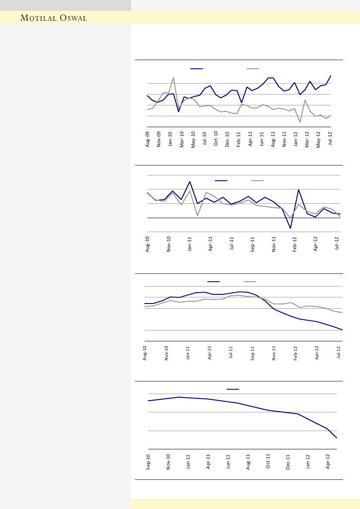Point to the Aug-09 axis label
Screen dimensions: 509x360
(x=148, y=139)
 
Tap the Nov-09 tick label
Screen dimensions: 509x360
(x=159, y=139)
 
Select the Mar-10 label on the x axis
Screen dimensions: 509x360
(x=182, y=139)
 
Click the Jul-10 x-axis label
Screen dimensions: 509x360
(x=204, y=139)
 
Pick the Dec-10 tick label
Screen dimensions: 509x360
(x=227, y=139)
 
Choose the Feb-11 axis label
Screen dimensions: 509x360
(x=238, y=139)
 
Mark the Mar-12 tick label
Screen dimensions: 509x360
(x=307, y=139)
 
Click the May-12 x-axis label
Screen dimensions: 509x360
(x=318, y=139)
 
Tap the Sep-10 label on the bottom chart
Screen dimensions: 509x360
(x=148, y=462)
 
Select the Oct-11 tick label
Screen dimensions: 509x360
(x=268, y=462)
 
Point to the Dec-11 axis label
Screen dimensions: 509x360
(x=288, y=462)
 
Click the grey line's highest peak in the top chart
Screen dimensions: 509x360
(x=173, y=78)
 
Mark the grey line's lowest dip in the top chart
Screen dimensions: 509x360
(x=300, y=122)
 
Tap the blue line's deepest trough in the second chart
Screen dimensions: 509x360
(x=290, y=228)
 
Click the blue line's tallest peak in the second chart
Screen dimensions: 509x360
(x=190, y=182)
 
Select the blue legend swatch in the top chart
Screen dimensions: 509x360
(x=197, y=69)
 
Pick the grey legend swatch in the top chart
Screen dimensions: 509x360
(x=253, y=69)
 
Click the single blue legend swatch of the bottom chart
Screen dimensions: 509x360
(x=232, y=389)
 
